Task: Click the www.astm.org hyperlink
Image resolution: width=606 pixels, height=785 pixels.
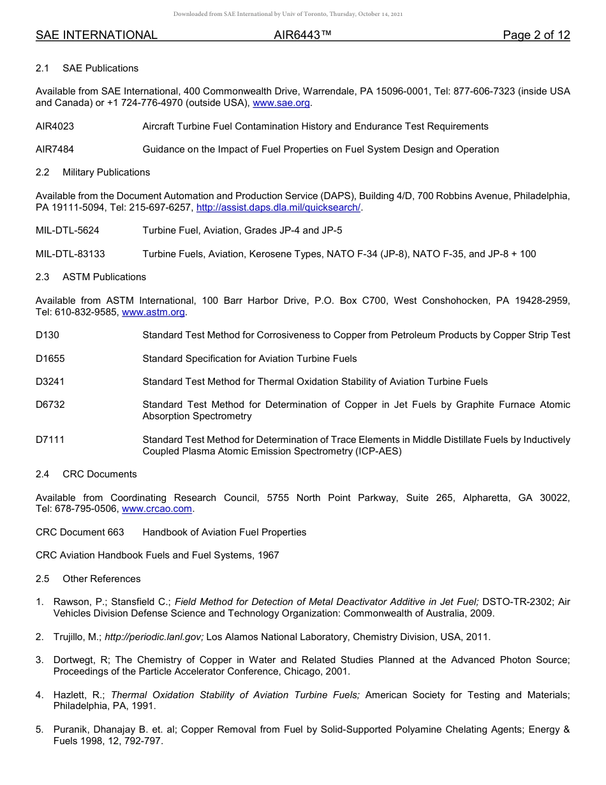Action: [153, 312]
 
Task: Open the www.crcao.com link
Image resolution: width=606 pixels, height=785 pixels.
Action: [156, 509]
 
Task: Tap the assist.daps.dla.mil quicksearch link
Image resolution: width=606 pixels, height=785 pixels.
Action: [279, 207]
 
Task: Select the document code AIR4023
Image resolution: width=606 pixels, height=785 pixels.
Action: [55, 126]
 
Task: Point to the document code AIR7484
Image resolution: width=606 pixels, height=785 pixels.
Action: [55, 149]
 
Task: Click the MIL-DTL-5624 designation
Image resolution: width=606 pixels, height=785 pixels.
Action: [68, 230]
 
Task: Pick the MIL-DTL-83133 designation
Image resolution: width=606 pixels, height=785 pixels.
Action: [70, 254]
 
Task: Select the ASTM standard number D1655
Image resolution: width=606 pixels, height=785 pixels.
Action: [50, 359]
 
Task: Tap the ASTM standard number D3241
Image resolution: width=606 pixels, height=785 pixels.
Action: [50, 382]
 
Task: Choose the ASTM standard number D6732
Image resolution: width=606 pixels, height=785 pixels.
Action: [50, 405]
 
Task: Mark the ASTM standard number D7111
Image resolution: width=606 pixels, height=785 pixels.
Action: [50, 440]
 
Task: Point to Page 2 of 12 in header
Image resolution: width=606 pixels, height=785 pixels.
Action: [536, 35]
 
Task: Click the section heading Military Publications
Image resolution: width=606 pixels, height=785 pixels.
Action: [106, 172]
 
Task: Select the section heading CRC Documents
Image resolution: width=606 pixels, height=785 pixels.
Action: [100, 474]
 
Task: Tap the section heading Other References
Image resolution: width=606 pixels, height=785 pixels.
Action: [101, 579]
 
